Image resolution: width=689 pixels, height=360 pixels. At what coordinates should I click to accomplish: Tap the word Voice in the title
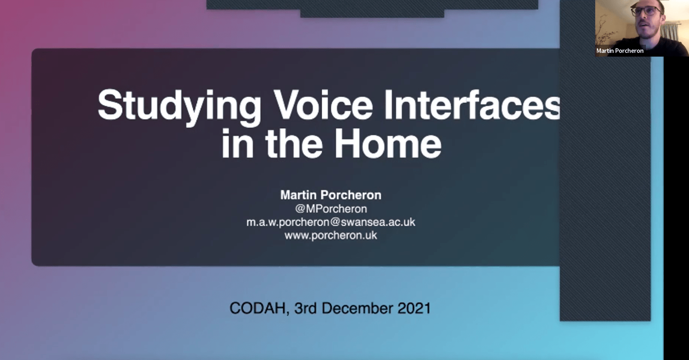coord(323,105)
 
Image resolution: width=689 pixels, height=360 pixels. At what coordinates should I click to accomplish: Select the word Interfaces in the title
coord(472,105)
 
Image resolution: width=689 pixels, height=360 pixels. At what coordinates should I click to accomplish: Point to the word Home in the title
coord(388,143)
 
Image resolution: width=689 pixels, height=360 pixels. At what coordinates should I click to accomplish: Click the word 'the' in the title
coord(294,143)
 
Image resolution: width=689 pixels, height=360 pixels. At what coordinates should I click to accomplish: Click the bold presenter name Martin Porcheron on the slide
coord(331,195)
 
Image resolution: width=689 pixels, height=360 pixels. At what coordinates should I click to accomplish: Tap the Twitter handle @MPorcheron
coord(331,209)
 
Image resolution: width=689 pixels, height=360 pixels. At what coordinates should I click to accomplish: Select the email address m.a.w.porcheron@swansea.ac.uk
coord(331,222)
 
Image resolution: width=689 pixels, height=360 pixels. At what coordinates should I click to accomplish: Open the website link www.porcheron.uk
coord(331,235)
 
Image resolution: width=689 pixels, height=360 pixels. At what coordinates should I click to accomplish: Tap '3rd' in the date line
coord(306,308)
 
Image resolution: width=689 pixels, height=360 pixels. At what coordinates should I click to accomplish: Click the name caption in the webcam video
coord(620,51)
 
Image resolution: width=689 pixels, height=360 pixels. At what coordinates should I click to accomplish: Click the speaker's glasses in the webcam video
coord(646,11)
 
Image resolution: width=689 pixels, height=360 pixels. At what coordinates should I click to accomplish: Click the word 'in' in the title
coord(237,143)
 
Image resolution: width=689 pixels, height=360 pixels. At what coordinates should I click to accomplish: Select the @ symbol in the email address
coord(335,222)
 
